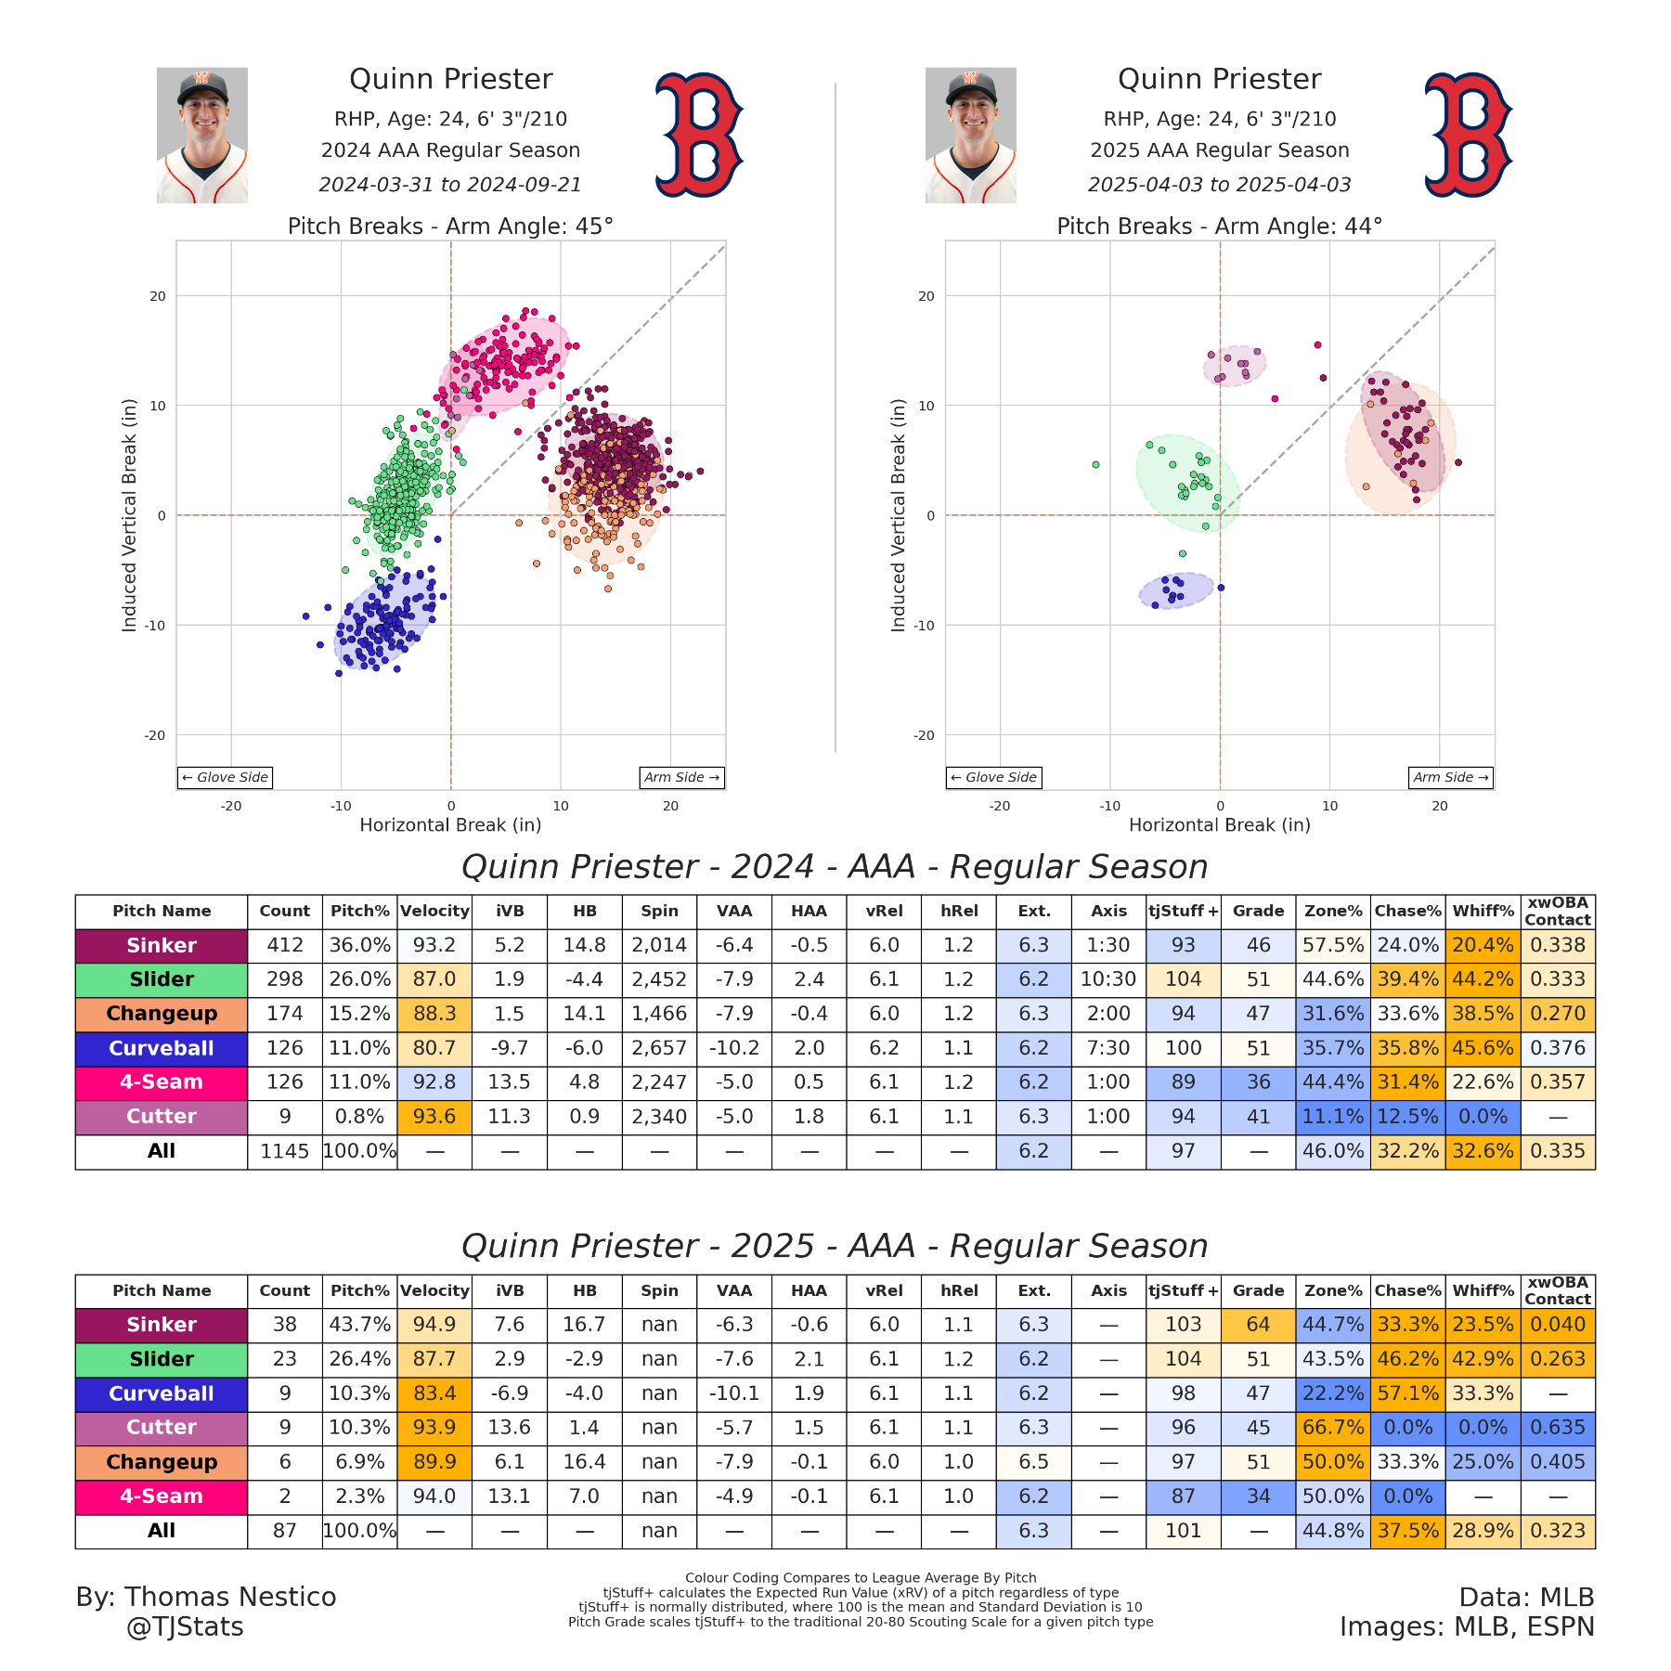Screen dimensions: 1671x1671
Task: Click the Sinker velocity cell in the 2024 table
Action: [434, 945]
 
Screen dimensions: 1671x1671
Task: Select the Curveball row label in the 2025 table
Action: [162, 1393]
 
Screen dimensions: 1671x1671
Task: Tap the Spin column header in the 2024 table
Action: [659, 911]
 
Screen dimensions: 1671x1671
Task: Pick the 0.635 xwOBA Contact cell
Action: [1558, 1428]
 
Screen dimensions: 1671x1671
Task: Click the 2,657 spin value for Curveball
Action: [659, 1048]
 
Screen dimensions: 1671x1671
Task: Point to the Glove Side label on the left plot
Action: [226, 777]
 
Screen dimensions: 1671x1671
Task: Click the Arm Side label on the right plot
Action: [1451, 777]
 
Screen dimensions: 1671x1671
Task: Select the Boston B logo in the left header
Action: [698, 135]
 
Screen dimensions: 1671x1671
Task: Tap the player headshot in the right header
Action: [970, 135]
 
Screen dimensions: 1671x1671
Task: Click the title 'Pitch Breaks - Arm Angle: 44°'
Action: [1219, 227]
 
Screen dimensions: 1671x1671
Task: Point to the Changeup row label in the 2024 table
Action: [162, 1014]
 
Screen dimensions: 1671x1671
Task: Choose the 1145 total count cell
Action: [284, 1151]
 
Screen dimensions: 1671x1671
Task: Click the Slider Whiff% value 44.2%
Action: [1483, 979]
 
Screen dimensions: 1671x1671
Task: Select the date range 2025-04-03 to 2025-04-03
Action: [1219, 185]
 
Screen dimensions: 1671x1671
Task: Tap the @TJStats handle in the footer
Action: [185, 1626]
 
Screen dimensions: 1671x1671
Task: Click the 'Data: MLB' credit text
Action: [1526, 1597]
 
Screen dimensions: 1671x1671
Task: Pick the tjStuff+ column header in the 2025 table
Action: [1183, 1290]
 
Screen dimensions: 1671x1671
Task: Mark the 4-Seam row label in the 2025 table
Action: [162, 1496]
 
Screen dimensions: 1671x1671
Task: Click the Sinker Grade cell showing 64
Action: [1258, 1325]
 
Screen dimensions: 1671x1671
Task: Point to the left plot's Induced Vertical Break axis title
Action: [129, 515]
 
